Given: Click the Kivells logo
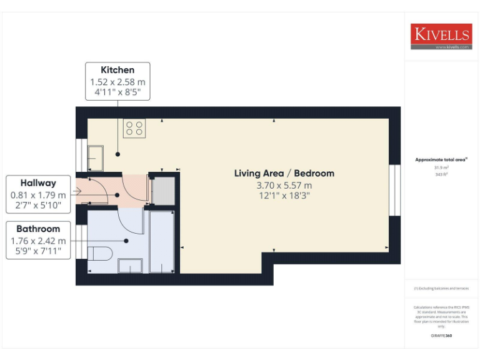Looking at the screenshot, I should pos(441,36).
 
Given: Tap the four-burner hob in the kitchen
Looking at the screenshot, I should pos(134,128).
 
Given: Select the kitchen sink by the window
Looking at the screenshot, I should pos(96,158).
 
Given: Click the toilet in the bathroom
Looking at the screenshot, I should pos(99,254).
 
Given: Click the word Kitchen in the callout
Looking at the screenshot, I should pos(117,69).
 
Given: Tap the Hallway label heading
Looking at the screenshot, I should pos(38,183).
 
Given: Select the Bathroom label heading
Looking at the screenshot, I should pos(38,229).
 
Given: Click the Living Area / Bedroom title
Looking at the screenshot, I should pos(284,173).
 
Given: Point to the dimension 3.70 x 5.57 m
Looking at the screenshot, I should pos(284,186).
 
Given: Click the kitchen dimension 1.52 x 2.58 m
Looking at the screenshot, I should pos(117,82).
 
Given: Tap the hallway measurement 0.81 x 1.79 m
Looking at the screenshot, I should pos(38,195).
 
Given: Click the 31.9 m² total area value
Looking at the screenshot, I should pos(441,167).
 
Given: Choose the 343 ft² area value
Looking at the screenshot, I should pos(441,174).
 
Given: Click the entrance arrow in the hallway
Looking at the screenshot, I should pos(77,190).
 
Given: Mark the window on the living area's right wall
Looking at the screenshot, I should pos(394,190).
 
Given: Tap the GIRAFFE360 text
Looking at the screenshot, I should pos(441,336).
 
